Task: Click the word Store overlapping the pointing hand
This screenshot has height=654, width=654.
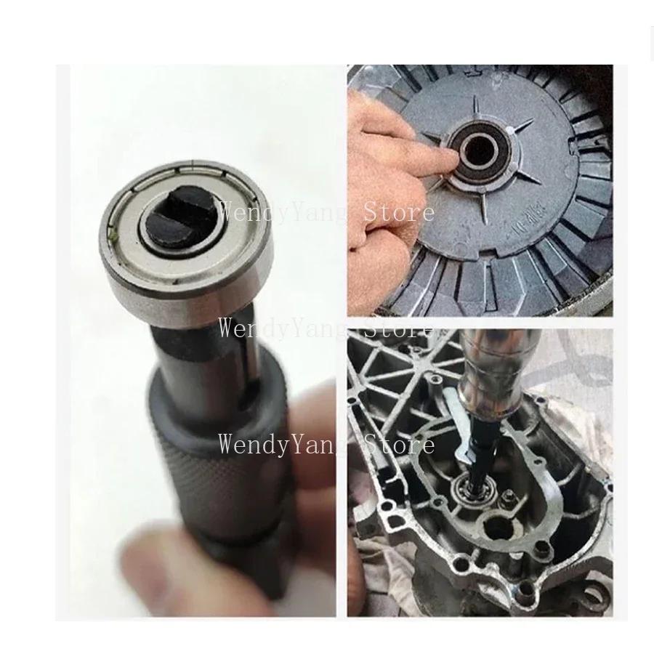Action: (398, 212)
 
